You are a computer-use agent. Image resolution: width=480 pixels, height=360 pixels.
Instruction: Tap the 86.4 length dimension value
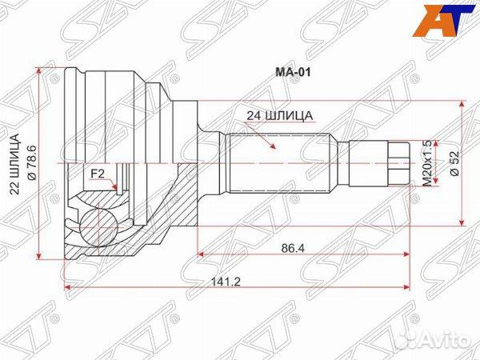tap(293, 248)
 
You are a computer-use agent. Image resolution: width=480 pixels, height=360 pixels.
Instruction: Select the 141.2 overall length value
tap(226, 282)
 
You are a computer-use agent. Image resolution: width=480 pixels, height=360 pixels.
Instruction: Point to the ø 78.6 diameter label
tap(32, 162)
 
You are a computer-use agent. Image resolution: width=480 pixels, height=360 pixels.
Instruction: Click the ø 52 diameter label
tap(454, 163)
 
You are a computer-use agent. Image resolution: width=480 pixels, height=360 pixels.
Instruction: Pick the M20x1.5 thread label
tap(427, 163)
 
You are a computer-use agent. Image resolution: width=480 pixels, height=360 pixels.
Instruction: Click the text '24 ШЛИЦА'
tap(280, 116)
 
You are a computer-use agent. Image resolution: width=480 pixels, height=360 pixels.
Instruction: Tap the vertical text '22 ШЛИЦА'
tap(14, 164)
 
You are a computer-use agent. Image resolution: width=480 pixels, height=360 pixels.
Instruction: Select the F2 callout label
tap(98, 174)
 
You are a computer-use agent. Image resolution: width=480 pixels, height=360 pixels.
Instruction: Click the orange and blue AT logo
tap(443, 20)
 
